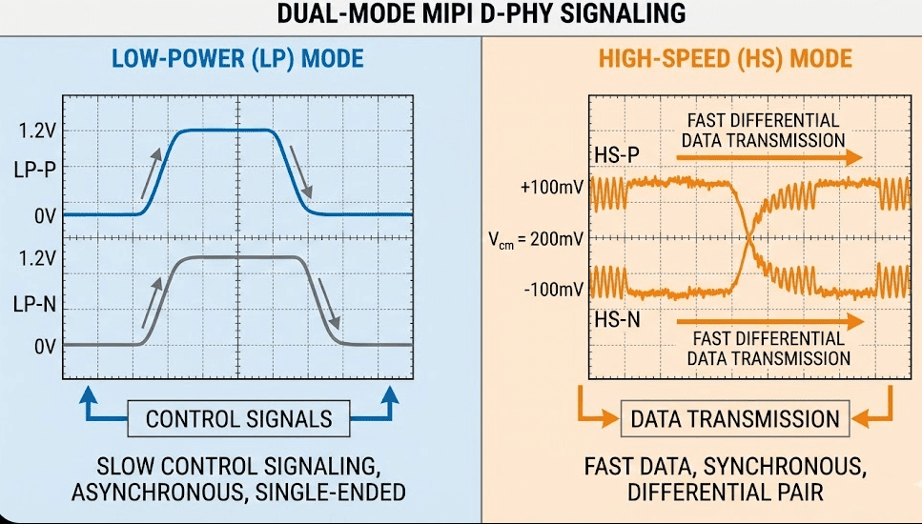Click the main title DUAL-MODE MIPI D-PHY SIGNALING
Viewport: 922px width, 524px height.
(x=481, y=13)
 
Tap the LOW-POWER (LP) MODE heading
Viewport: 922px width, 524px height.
(x=237, y=59)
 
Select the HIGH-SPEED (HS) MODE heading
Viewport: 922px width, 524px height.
(x=725, y=59)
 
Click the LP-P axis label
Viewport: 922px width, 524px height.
(x=34, y=171)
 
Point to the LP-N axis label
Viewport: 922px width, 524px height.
(x=34, y=304)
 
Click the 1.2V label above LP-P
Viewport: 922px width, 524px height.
(x=37, y=131)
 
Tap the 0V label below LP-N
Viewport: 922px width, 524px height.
(x=45, y=347)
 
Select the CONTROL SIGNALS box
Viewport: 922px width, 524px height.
(x=238, y=419)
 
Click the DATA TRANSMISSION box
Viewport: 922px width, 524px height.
(x=735, y=419)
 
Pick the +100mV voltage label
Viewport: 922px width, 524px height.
(x=551, y=188)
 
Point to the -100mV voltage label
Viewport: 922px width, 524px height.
(x=553, y=289)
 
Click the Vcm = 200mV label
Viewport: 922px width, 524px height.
(x=536, y=240)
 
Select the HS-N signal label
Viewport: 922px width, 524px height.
(x=617, y=320)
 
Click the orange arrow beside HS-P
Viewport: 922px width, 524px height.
(x=769, y=157)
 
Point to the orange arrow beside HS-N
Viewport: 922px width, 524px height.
(x=770, y=321)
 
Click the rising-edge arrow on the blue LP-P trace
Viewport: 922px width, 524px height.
(x=151, y=173)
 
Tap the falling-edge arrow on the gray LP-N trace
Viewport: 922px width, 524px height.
(x=329, y=304)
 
